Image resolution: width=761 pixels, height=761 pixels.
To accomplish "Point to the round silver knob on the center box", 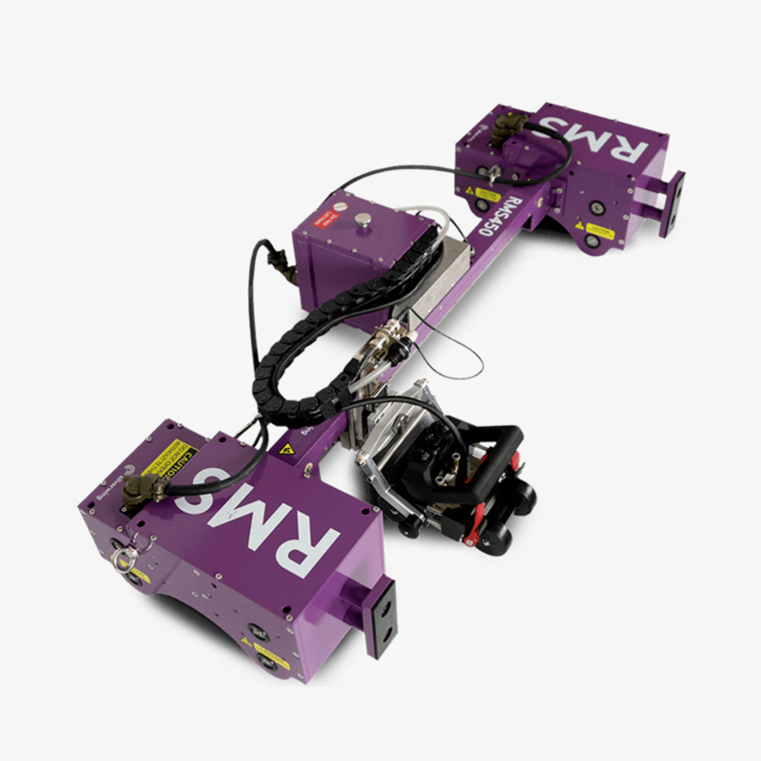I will tap(362, 224).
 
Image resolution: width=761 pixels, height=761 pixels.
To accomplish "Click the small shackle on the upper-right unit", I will tap(491, 172).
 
